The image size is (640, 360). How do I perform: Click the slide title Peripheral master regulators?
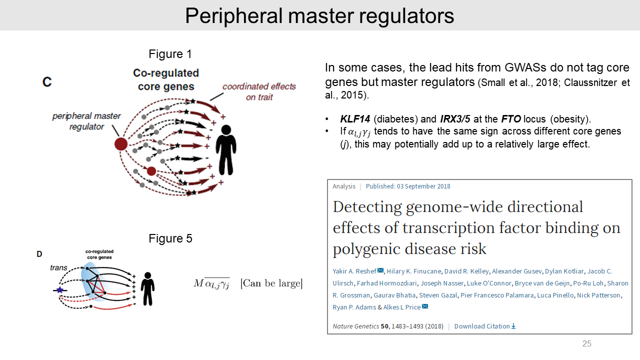[319, 15]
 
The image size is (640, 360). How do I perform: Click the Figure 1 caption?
[170, 54]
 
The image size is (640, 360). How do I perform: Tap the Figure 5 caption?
[170, 238]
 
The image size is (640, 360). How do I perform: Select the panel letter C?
[47, 82]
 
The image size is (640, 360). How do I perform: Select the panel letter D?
[39, 254]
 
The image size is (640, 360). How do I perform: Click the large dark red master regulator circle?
[121, 144]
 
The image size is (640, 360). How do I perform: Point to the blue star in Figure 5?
[60, 290]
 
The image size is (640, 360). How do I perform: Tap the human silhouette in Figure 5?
[147, 288]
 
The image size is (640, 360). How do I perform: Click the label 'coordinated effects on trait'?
[259, 91]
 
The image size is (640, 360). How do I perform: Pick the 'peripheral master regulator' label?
[86, 121]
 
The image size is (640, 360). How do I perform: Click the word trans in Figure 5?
[58, 268]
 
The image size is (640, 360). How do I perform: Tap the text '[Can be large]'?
[271, 283]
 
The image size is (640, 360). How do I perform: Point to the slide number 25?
[586, 343]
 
